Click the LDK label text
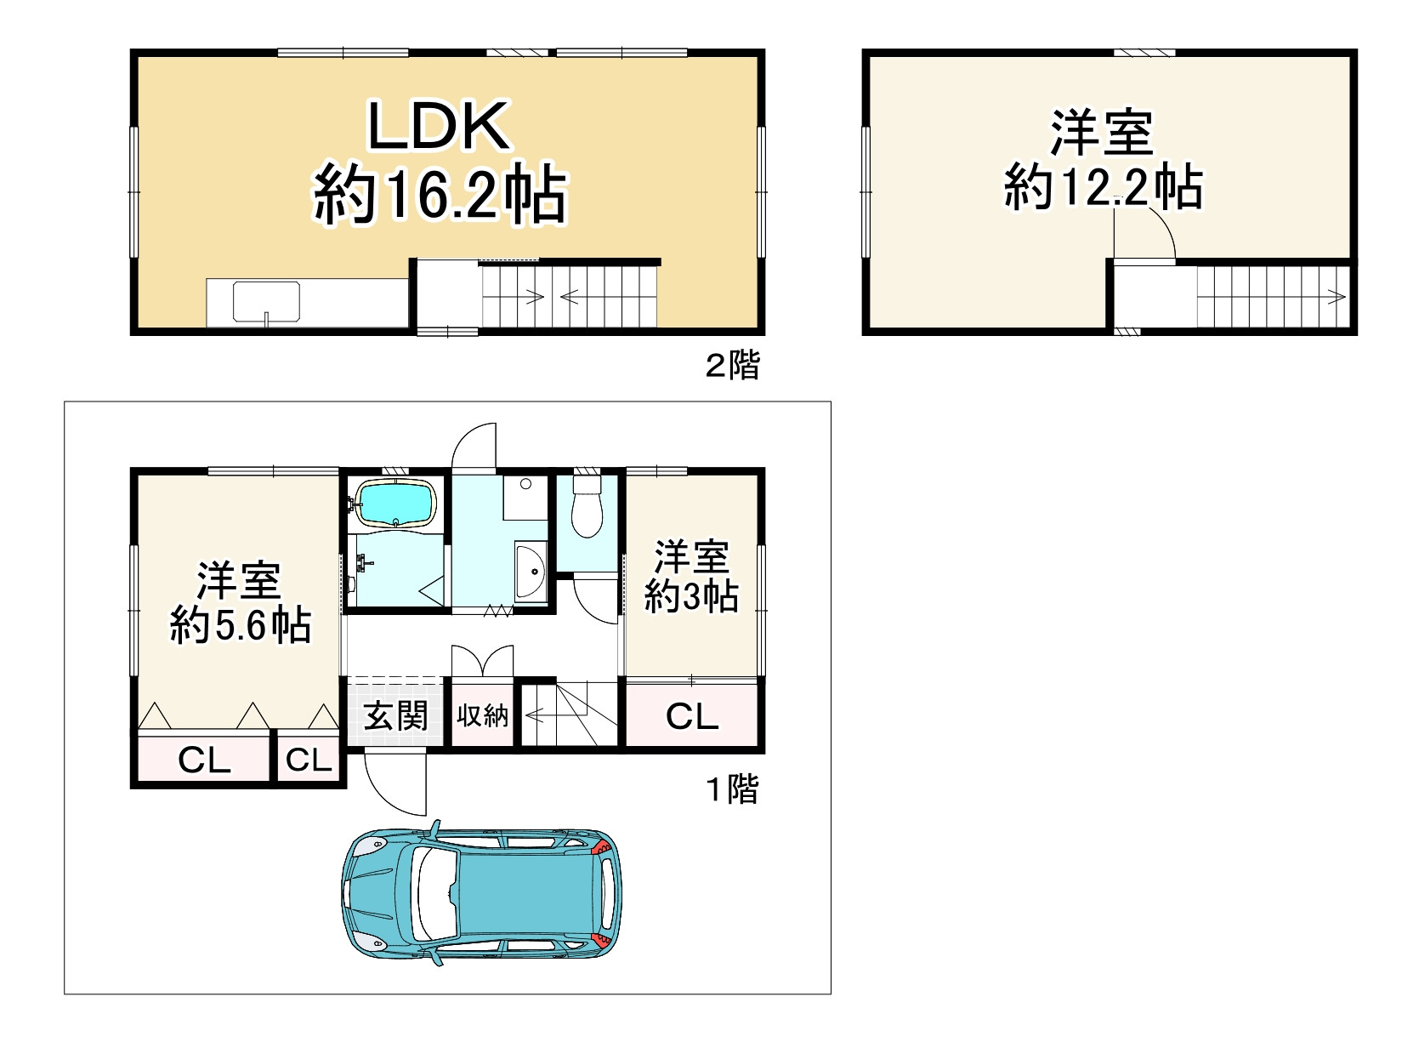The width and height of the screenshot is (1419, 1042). tap(438, 126)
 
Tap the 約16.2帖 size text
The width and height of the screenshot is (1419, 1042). tap(440, 196)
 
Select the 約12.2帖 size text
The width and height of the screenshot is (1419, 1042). tap(1103, 187)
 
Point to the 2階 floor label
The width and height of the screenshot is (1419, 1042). tap(732, 366)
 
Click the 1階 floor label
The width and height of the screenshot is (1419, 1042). tap(732, 789)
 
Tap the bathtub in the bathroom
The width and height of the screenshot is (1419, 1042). tap(395, 504)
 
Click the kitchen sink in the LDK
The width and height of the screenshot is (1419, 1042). tap(266, 303)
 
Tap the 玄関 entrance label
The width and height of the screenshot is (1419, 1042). tap(395, 716)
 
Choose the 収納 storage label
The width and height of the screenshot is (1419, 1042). tap(482, 716)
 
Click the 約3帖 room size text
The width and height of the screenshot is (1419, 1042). tap(690, 597)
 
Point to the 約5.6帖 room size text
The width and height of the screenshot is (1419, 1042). tap(240, 626)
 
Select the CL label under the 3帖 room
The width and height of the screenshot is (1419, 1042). tap(692, 716)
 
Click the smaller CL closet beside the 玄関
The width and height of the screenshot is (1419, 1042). tap(308, 760)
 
